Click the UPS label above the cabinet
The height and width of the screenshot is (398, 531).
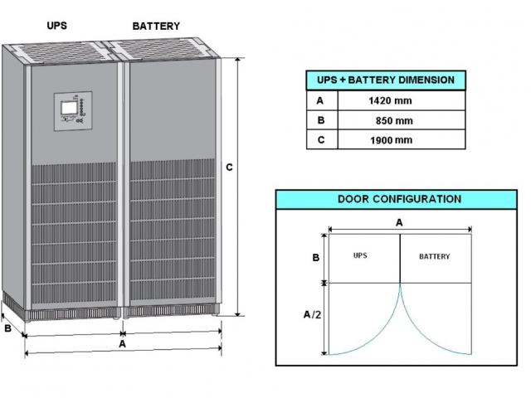57,26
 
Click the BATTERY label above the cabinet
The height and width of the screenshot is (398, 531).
156,26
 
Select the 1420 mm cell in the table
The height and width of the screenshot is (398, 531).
390,100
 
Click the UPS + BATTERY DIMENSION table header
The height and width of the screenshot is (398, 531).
386,80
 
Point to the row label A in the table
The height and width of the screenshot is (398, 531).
320,100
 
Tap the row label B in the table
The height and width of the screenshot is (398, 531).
320,120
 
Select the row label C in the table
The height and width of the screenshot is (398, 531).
320,139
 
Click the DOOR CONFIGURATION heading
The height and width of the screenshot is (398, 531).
399,199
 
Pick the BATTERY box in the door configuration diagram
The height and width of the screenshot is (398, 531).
435,257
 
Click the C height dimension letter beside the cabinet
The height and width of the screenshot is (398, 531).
229,167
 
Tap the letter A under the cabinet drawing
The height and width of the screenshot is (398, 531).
122,342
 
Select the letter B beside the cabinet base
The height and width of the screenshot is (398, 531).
8,328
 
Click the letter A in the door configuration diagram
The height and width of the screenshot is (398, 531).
399,222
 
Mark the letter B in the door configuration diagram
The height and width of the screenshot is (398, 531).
315,258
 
